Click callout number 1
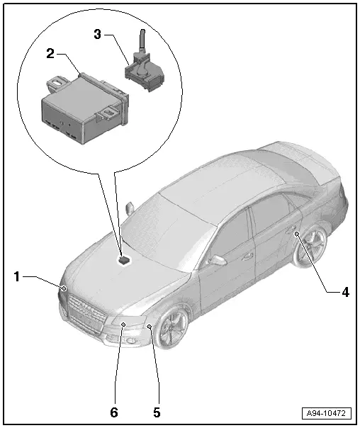pyautogui.click(x=16, y=278)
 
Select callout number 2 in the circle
pyautogui.click(x=50, y=54)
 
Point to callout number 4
pyautogui.click(x=346, y=291)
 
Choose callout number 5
pyautogui.click(x=157, y=411)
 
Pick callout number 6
pyautogui.click(x=114, y=411)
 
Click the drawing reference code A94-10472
pyautogui.click(x=328, y=412)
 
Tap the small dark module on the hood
pyautogui.click(x=124, y=259)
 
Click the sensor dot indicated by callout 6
pyautogui.click(x=123, y=324)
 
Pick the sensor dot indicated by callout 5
pyautogui.click(x=149, y=327)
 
